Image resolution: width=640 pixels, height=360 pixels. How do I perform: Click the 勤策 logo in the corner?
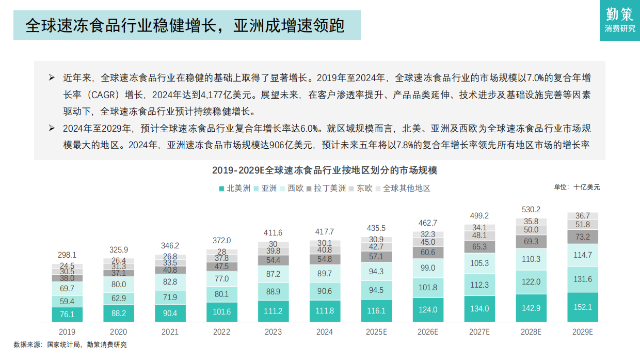coord(620,20)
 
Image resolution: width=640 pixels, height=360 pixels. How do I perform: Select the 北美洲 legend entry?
coord(235,189)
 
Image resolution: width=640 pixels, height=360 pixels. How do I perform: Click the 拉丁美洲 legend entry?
coord(327,189)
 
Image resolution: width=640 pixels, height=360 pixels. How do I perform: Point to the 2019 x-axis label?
coord(67,332)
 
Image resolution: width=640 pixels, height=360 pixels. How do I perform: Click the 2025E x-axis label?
coord(376,332)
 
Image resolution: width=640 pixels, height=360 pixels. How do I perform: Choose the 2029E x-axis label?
coord(583,332)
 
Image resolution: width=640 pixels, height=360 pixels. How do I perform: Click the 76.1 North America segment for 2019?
coord(67,314)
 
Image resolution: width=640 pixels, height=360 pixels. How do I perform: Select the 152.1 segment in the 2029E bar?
coord(583,307)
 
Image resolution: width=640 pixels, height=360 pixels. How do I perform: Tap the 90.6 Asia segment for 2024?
coord(325,291)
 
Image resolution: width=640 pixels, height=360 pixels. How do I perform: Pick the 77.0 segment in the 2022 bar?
coord(221,278)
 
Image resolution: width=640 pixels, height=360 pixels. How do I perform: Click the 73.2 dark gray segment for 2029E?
coord(583,237)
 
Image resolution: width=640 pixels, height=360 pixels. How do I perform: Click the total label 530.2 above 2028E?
coord(531,210)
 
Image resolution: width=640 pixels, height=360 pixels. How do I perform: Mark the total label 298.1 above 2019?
coord(67,255)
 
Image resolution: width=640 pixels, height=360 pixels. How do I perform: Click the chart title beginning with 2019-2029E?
coord(325,170)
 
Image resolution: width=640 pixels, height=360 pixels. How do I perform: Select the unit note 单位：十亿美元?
coord(577,187)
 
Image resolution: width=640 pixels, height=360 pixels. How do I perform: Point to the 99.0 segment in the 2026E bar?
coord(428,268)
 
